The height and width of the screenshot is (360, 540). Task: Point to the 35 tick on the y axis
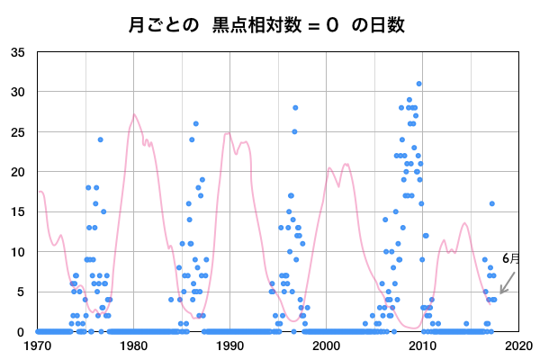[18, 52]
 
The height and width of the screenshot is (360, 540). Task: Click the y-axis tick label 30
[18, 92]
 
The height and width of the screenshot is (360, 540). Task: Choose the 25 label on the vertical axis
[18, 131]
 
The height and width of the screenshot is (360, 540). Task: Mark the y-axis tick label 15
[18, 211]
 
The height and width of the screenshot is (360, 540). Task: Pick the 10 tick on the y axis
[18, 252]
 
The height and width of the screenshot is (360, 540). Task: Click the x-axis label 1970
[38, 345]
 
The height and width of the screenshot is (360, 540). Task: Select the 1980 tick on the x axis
[134, 345]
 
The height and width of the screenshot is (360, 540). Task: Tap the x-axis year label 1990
[229, 345]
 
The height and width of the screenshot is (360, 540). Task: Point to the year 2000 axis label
[326, 345]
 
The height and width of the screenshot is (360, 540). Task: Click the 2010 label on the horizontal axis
[422, 345]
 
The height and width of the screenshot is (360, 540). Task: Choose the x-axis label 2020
[517, 345]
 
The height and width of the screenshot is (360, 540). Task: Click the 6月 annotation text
[510, 258]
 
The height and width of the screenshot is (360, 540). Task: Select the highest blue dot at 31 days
[418, 84]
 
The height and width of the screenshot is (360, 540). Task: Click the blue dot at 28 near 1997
[295, 108]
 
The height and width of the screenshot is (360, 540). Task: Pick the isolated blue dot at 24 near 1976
[101, 139]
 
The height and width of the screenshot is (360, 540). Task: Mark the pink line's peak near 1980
[134, 114]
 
